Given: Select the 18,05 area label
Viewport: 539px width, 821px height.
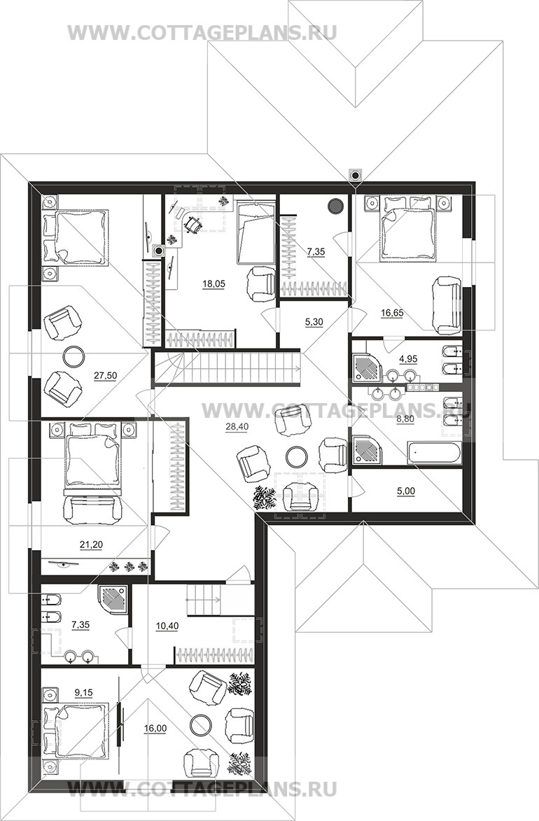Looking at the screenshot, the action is (x=213, y=283).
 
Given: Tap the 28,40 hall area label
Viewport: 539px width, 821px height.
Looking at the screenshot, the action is (x=237, y=427).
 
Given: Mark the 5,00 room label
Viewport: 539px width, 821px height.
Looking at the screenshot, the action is (x=406, y=491).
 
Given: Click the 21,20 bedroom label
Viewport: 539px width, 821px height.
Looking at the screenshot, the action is (x=91, y=545).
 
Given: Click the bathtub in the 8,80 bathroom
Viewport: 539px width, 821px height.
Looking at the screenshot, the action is (x=434, y=452).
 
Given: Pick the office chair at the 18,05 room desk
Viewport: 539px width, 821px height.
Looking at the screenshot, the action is (x=192, y=225).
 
